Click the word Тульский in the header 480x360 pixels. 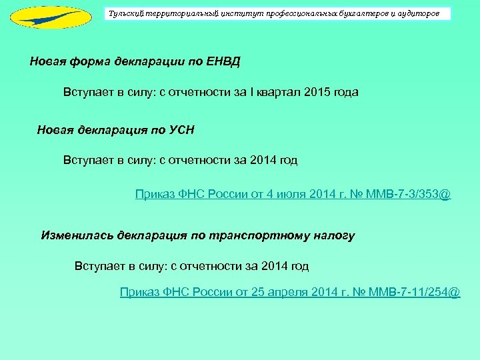(125, 13)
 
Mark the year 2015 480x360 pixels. (316, 93)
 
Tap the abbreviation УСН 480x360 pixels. (181, 129)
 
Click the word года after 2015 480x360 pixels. (345, 93)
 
